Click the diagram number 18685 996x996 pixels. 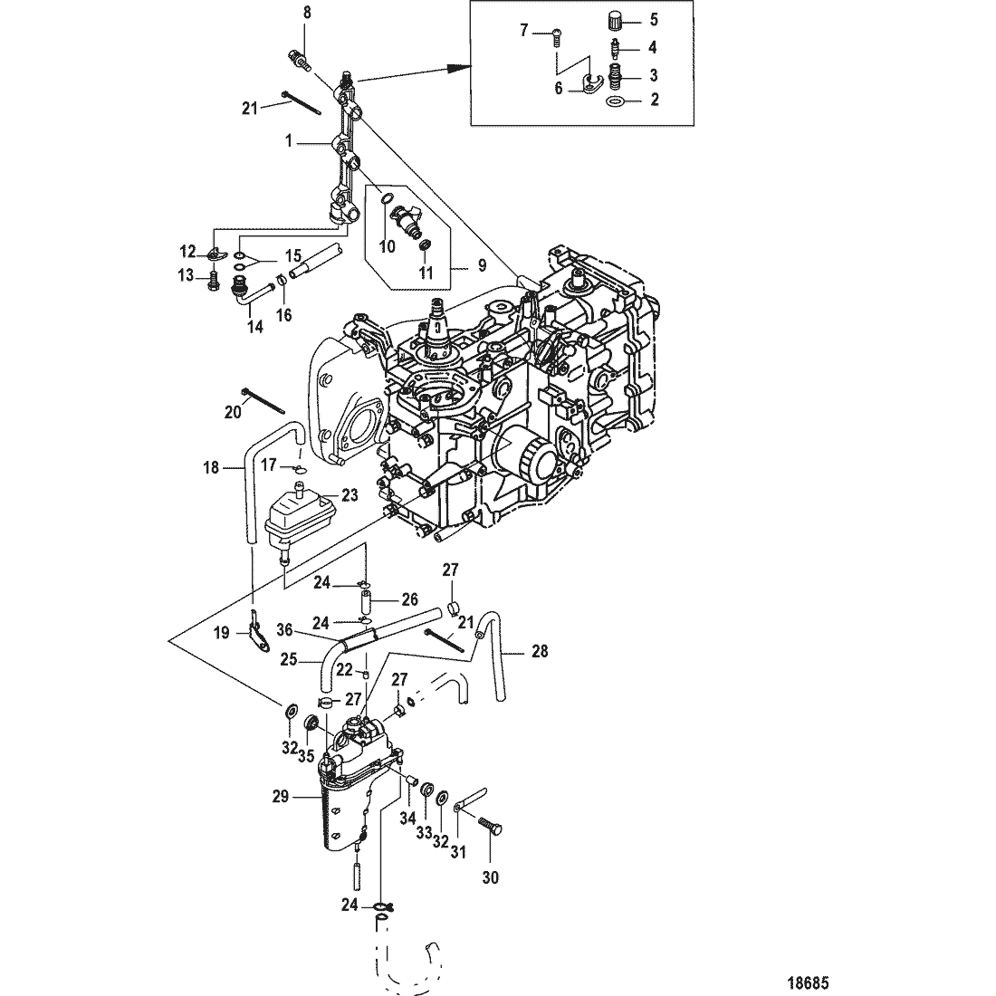808,983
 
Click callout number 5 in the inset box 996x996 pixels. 654,20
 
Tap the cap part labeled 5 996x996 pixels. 614,20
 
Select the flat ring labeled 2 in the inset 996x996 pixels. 615,101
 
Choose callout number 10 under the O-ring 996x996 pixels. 388,246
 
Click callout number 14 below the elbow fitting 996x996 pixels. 254,327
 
